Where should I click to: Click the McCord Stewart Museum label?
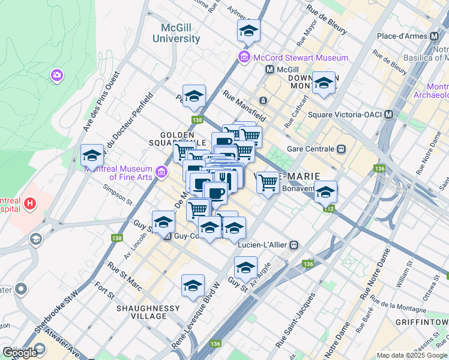300,58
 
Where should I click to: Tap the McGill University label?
181,33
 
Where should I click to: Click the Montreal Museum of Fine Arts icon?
161,173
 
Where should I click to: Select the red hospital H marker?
29,206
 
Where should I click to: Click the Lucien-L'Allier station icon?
294,245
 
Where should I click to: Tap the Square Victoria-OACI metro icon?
389,115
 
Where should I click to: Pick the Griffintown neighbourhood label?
422,322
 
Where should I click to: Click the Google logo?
20,353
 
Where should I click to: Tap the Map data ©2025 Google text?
412,355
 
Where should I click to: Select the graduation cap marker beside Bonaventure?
326,192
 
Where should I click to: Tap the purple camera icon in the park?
57,76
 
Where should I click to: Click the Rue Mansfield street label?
244,105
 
